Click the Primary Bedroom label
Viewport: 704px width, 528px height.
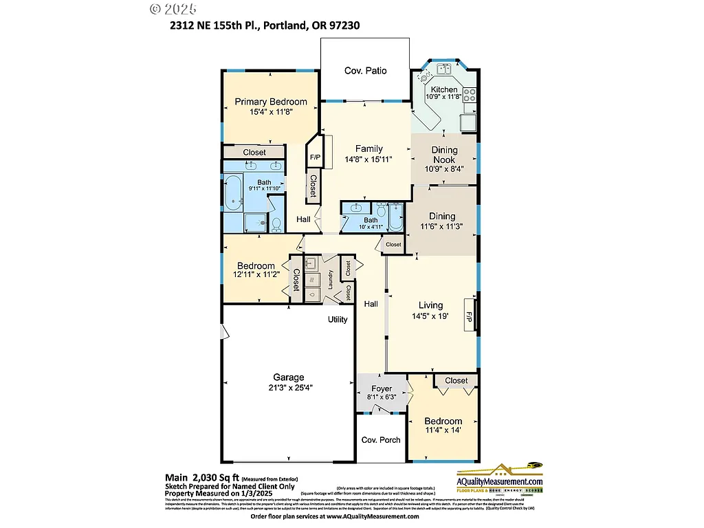[270, 102]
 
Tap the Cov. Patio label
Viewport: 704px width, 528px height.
[365, 71]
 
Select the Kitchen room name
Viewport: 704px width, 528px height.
[443, 90]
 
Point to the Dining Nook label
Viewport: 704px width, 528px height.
[444, 155]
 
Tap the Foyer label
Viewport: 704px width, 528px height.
[382, 388]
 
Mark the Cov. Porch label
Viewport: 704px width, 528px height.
[381, 440]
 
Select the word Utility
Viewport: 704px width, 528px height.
[337, 320]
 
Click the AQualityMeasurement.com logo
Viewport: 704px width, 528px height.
[500, 478]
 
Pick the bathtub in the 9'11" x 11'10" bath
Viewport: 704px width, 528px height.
[234, 192]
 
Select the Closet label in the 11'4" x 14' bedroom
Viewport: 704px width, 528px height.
[456, 380]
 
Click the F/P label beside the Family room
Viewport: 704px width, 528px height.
[316, 157]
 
